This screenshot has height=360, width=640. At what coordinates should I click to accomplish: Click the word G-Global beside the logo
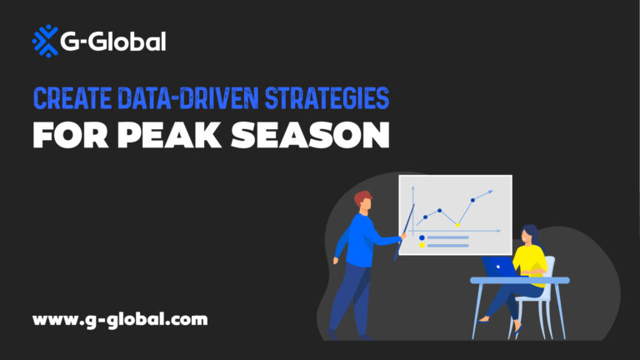[x=112, y=42]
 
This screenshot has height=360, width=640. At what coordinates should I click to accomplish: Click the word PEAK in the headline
[x=167, y=135]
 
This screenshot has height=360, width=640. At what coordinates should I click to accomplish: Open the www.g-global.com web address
[x=120, y=318]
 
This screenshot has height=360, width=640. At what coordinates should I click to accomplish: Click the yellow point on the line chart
[x=457, y=224]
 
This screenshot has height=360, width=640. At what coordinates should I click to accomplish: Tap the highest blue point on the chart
[x=472, y=200]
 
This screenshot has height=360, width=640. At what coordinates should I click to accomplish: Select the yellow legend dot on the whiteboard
[x=422, y=246]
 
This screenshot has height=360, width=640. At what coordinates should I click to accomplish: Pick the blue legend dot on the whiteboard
[x=422, y=237]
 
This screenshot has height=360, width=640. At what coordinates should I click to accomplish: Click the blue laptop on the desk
[x=498, y=266]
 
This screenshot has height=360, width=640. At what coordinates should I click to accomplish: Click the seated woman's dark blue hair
[x=531, y=232]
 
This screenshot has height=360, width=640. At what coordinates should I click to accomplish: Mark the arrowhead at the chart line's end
[x=491, y=192]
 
